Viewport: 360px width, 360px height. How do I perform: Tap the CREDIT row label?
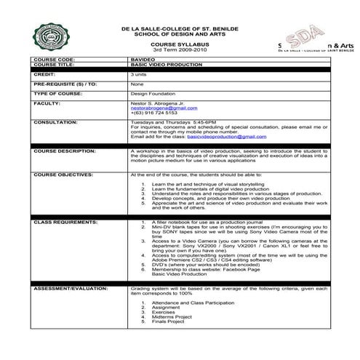[45, 74]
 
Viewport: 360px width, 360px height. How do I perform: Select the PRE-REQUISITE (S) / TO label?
[65, 84]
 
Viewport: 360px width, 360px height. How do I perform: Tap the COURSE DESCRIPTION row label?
[65, 151]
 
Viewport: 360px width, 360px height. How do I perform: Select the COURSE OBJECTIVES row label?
[63, 175]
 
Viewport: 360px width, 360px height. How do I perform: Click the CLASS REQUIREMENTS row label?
[65, 220]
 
